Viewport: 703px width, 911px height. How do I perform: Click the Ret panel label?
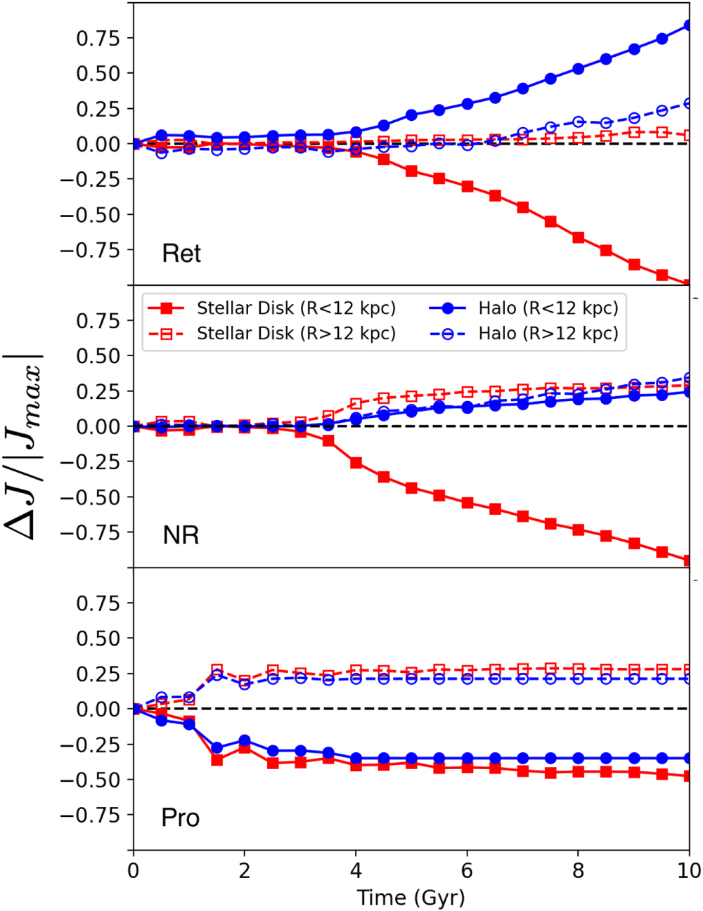click(x=181, y=254)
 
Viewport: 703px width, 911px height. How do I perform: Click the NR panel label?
click(x=181, y=536)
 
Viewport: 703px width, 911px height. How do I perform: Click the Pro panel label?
click(x=181, y=818)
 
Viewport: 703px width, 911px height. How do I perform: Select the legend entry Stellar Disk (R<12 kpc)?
click(x=296, y=308)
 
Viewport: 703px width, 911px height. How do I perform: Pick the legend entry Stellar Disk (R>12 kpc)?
click(x=296, y=333)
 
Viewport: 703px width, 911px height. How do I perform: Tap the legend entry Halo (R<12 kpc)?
click(x=548, y=308)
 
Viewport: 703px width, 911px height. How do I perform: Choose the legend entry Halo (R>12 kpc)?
click(x=548, y=333)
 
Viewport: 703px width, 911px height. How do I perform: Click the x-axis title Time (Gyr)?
click(x=411, y=898)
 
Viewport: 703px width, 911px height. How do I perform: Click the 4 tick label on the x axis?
click(x=356, y=871)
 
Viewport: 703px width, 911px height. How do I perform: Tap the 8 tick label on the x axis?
click(x=578, y=871)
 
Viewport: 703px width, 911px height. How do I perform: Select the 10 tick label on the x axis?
click(x=689, y=871)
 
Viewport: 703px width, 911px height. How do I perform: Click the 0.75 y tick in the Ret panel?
click(x=98, y=38)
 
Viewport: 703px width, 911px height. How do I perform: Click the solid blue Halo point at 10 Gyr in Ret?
click(x=689, y=26)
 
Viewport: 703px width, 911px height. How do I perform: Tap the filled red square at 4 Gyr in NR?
click(x=356, y=463)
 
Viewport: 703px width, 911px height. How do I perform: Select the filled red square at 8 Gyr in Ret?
click(x=578, y=237)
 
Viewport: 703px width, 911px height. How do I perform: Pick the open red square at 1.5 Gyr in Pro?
click(x=217, y=669)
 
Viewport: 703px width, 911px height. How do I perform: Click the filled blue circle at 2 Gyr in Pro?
click(x=245, y=741)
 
